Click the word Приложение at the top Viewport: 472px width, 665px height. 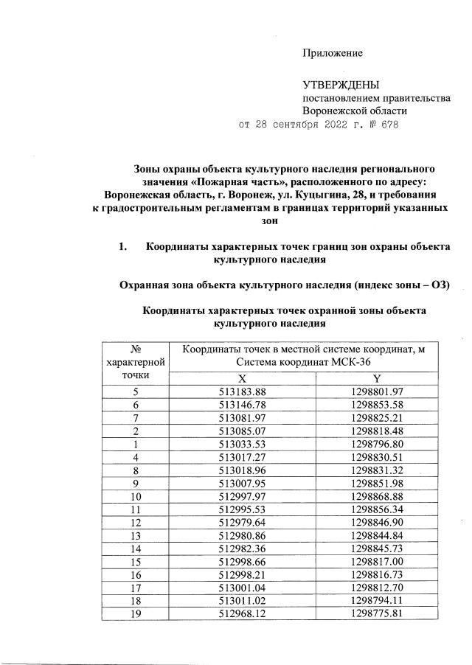[x=333, y=53]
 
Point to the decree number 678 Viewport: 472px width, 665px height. [x=388, y=125]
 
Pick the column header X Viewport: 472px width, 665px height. [x=242, y=377]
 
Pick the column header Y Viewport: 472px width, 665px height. [x=377, y=377]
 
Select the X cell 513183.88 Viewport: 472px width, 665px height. [x=242, y=391]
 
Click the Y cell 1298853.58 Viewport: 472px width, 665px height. [x=377, y=405]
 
